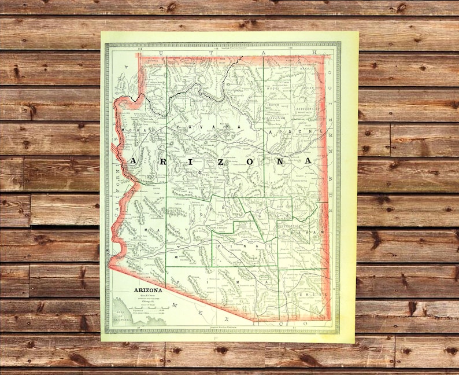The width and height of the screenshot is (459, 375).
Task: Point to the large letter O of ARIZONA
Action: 248,160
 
